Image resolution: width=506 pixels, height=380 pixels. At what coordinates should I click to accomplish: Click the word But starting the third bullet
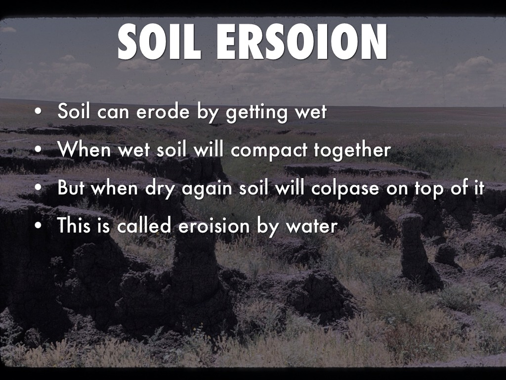71,188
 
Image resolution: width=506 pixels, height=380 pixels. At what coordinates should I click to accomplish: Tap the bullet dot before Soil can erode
39,113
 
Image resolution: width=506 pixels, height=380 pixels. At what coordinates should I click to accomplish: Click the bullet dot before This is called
39,227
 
